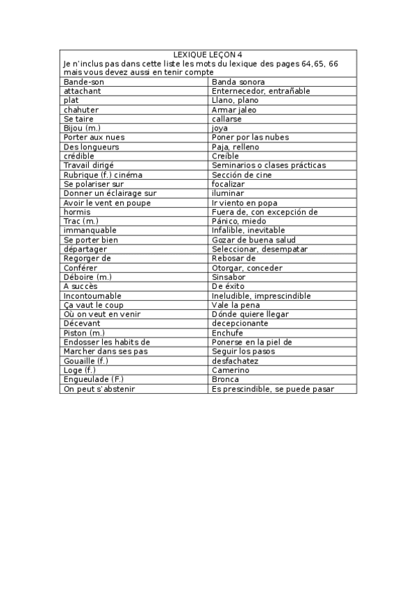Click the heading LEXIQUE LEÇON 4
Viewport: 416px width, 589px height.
208,54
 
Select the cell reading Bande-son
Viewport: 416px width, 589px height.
83,82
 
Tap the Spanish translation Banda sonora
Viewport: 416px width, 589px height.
238,82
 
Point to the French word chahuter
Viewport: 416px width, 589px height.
81,110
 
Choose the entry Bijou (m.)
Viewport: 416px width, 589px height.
82,128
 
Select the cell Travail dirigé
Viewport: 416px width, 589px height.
89,165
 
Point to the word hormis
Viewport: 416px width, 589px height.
76,212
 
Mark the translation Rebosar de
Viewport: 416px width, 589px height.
234,258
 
